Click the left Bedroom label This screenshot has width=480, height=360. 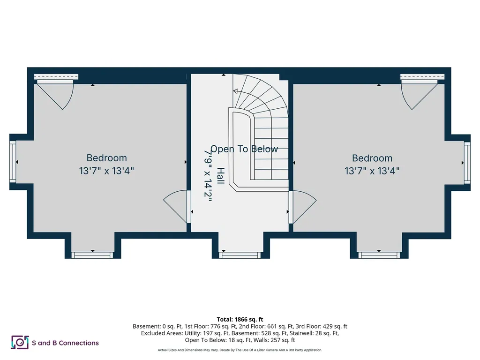point(106,158)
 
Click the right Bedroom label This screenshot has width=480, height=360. point(372,158)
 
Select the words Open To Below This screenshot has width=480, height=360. point(244,149)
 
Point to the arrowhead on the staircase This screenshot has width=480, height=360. point(235,91)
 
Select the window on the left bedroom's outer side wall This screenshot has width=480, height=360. point(13,162)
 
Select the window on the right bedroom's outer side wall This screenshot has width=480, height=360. point(467,163)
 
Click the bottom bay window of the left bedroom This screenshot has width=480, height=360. point(92,255)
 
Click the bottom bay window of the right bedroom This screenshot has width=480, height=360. point(379,255)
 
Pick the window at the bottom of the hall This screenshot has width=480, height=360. point(240,255)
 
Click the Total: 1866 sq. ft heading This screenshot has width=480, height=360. point(240,320)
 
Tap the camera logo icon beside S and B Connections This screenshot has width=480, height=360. point(20,342)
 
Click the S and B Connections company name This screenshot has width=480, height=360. point(65,343)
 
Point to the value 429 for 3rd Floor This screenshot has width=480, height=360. point(328,326)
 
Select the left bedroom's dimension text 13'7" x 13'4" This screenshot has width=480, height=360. point(106,171)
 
